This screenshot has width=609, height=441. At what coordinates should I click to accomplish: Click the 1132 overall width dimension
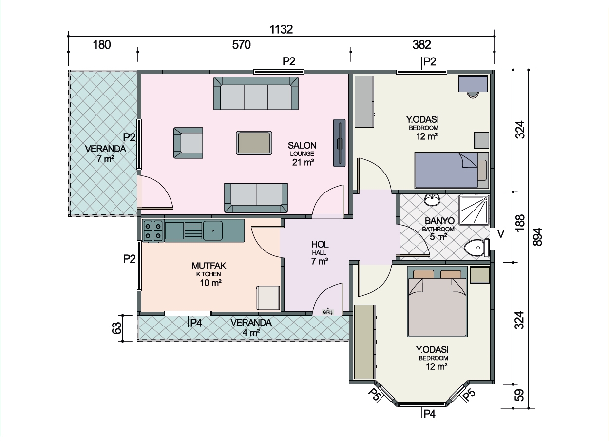(x=281, y=29)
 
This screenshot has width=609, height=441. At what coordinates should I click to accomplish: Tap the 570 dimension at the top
(x=242, y=45)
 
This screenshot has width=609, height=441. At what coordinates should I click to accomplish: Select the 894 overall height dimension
(x=537, y=237)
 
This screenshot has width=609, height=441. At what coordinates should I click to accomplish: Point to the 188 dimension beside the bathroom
(x=520, y=223)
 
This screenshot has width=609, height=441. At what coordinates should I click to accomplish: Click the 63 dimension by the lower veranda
(x=116, y=328)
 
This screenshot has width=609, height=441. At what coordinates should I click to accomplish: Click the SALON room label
(x=302, y=146)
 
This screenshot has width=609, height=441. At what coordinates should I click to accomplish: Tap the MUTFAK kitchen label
(x=209, y=266)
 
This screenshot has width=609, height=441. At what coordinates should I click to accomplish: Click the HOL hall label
(x=320, y=244)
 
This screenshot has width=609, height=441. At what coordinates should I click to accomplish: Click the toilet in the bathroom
(x=476, y=248)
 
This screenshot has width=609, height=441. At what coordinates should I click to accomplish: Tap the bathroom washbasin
(x=432, y=200)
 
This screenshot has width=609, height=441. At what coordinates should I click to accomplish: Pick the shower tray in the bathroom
(x=474, y=210)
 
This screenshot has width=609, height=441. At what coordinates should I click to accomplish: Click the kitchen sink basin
(x=212, y=230)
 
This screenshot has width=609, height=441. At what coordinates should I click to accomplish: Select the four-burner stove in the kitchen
(x=153, y=230)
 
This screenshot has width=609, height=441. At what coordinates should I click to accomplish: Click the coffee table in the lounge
(x=254, y=143)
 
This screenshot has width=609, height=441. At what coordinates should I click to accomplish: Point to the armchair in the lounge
(x=189, y=143)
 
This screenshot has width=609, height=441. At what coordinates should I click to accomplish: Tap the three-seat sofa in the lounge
(x=256, y=93)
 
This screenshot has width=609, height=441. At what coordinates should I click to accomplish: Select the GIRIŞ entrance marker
(x=327, y=312)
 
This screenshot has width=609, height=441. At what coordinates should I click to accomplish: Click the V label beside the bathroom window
(x=501, y=233)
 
